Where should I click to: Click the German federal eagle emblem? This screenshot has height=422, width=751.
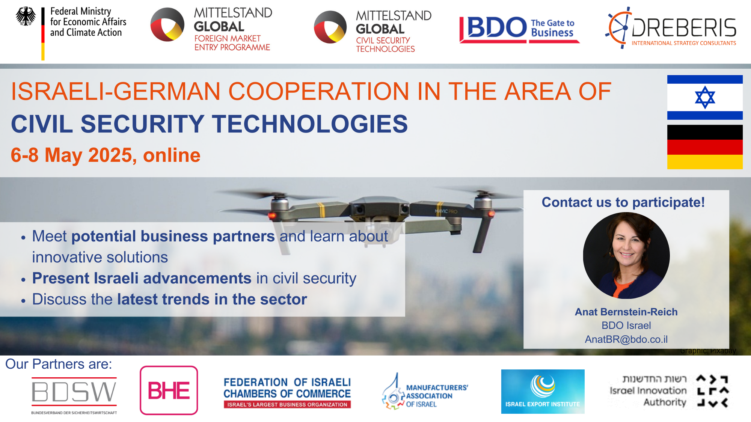[26, 16]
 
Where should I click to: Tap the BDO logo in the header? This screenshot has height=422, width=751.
[519, 29]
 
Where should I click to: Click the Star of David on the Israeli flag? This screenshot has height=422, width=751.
[705, 97]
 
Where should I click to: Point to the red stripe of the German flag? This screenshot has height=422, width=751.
[705, 147]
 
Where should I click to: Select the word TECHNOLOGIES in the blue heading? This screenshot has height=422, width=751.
[310, 124]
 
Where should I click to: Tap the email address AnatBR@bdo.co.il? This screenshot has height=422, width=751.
[626, 339]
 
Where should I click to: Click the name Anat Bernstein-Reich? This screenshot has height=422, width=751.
[626, 312]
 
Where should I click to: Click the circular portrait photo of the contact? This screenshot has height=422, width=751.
[626, 256]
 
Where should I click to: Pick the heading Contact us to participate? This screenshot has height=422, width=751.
[623, 202]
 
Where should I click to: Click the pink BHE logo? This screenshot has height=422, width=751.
[169, 390]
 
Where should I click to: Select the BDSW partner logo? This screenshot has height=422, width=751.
[74, 395]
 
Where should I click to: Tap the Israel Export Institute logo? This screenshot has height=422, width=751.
[543, 392]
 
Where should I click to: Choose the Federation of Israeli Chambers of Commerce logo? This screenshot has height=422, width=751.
[287, 392]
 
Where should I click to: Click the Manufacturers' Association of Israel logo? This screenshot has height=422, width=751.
[425, 392]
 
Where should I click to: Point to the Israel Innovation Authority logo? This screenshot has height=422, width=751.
[669, 391]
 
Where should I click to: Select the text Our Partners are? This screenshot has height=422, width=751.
[59, 364]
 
